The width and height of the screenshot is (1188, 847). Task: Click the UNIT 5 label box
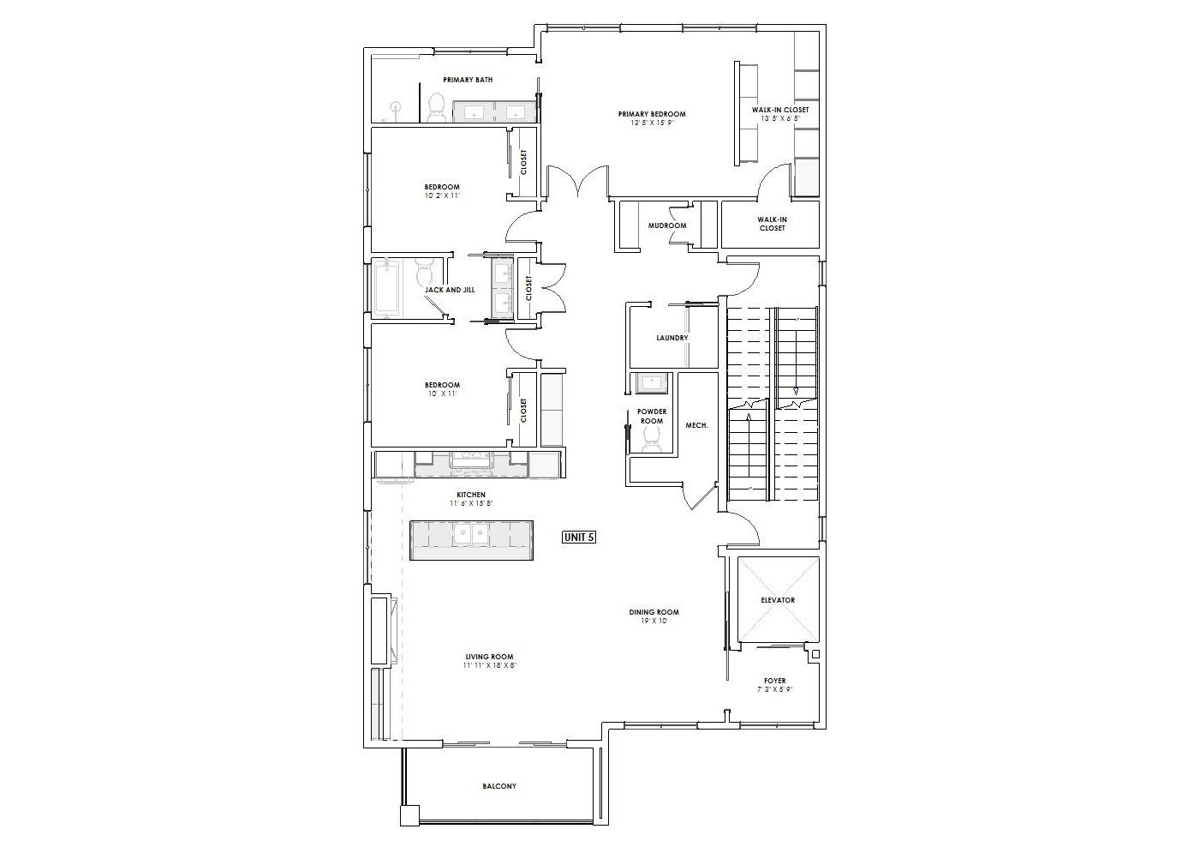pos(579,537)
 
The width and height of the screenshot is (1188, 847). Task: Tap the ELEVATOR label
pos(778,600)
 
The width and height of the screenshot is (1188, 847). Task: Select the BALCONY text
pos(499,786)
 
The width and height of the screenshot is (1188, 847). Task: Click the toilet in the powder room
pos(651,439)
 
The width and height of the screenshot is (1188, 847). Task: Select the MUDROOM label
pos(667,225)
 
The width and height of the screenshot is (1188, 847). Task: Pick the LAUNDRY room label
pos(672,338)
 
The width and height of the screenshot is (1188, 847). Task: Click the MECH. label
pos(697,425)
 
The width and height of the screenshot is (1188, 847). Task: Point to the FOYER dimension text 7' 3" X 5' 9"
pos(775,689)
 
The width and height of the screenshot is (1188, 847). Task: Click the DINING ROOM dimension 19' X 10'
pos(654,621)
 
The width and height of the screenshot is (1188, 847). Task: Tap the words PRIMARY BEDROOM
pos(652,113)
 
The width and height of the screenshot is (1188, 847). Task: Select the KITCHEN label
pos(471,495)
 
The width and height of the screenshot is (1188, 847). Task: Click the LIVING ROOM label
pos(489,657)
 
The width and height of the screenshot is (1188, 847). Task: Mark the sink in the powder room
pos(648,382)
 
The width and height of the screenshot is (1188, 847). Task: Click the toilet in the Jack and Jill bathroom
pos(424,272)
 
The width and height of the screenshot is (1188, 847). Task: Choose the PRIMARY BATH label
pos(468,80)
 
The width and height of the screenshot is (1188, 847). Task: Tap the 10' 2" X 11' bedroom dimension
pos(442,195)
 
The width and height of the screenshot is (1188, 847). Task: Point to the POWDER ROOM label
pos(652,416)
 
